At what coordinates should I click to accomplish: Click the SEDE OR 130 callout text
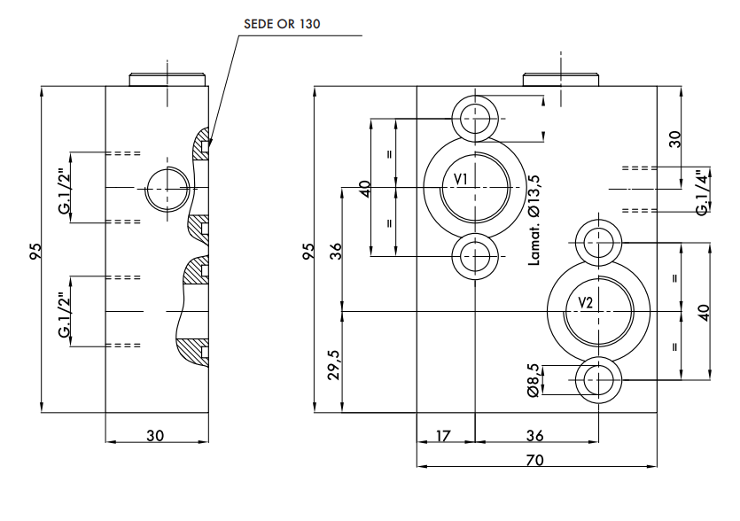(x=282, y=25)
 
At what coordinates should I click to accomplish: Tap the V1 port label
(x=461, y=180)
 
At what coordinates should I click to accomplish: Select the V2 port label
(x=585, y=303)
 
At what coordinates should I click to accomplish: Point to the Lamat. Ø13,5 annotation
(x=534, y=220)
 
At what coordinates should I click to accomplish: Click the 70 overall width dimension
(x=534, y=460)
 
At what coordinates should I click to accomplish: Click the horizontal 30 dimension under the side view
(x=156, y=436)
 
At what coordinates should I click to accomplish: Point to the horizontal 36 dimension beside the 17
(x=535, y=436)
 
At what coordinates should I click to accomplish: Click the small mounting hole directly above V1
(x=476, y=118)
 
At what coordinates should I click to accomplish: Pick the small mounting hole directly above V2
(x=599, y=240)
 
